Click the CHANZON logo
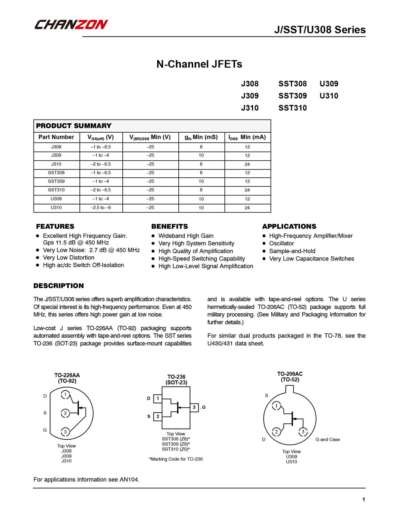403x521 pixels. click(x=71, y=25)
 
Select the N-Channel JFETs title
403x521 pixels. click(x=199, y=64)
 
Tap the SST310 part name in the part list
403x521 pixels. click(x=293, y=108)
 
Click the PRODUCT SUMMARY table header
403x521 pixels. click(x=74, y=126)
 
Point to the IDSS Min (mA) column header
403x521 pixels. click(x=247, y=137)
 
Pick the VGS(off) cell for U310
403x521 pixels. click(x=101, y=208)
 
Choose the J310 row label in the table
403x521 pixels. click(x=56, y=164)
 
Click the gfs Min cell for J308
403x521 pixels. click(x=201, y=147)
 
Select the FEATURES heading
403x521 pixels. click(x=55, y=227)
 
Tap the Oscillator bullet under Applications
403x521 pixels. click(x=281, y=243)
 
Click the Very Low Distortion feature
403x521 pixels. click(x=69, y=258)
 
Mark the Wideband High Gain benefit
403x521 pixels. click(x=186, y=236)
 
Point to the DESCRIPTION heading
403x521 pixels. click(x=59, y=286)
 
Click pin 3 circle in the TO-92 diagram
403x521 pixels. click(x=65, y=432)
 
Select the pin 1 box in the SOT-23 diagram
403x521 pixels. click(x=158, y=399)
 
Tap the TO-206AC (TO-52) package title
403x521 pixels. click(x=290, y=377)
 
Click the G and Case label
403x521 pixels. click(x=328, y=440)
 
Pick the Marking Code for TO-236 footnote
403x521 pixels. click(x=176, y=459)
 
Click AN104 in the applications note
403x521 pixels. click(x=129, y=480)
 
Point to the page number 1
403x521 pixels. click(x=363, y=500)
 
